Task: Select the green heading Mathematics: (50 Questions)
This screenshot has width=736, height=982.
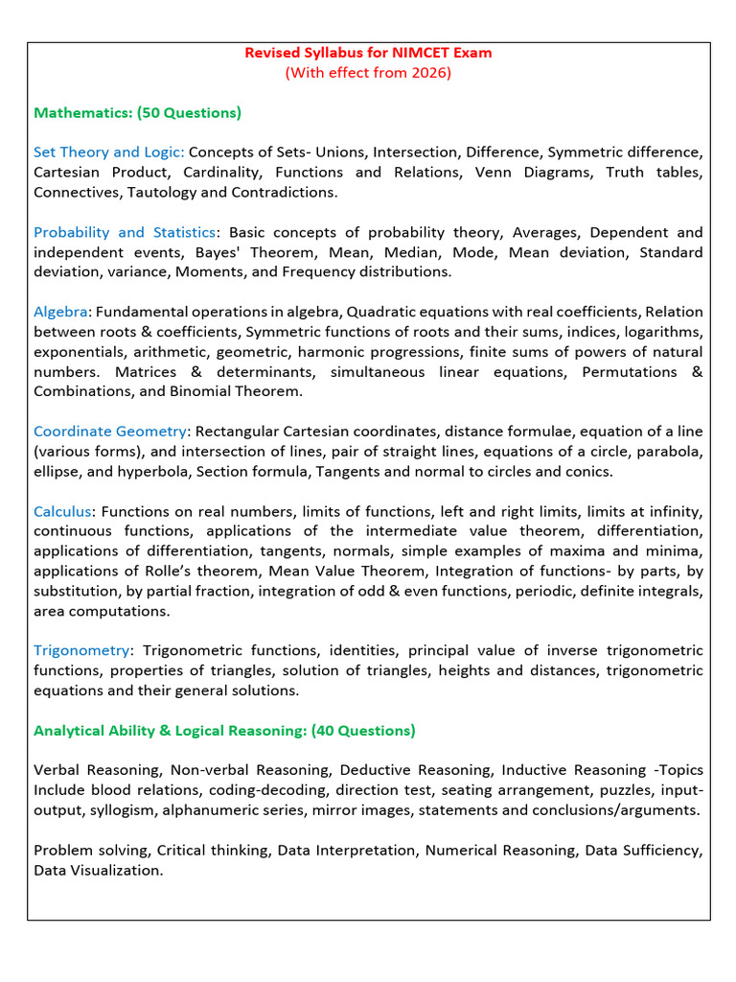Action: click(x=137, y=113)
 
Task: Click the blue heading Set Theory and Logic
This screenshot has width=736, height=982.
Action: click(x=108, y=152)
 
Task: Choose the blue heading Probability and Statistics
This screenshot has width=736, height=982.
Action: click(x=125, y=232)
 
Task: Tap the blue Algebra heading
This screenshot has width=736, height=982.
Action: click(x=60, y=312)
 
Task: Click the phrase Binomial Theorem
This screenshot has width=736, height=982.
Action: click(x=244, y=391)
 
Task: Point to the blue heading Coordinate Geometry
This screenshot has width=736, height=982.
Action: click(x=109, y=432)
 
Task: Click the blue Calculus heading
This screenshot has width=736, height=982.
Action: click(x=62, y=511)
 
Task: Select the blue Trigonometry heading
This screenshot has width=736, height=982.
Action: click(x=80, y=651)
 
